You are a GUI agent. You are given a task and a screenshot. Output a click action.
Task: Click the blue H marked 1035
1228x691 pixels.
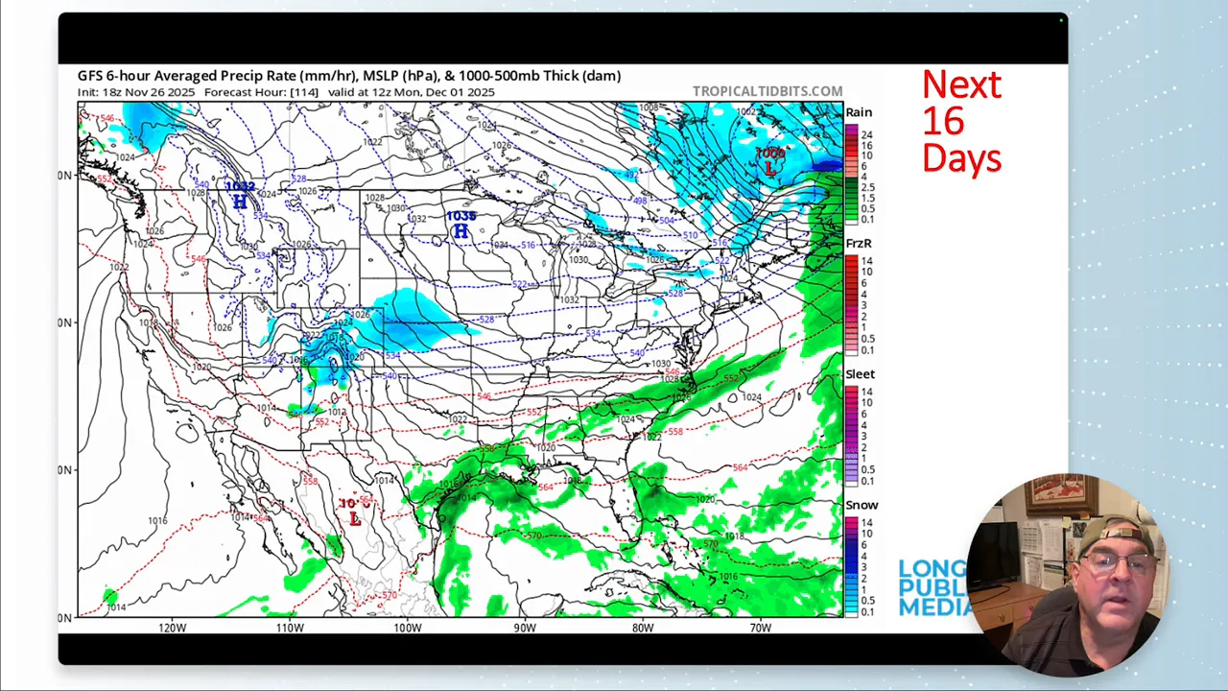(461, 231)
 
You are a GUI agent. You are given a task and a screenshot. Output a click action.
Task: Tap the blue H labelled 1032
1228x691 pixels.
(240, 202)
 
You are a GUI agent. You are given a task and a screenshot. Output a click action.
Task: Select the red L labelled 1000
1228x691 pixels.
(769, 167)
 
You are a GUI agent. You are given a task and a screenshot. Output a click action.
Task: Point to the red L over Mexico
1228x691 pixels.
(355, 518)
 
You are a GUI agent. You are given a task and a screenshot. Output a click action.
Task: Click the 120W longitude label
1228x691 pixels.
(173, 628)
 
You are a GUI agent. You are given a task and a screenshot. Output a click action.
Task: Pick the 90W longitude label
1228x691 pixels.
(525, 628)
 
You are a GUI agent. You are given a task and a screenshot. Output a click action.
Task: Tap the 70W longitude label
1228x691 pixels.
(760, 628)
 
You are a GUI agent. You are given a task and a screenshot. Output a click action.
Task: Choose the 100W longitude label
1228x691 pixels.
(407, 628)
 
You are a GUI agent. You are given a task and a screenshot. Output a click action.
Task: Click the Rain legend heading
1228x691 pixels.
(859, 112)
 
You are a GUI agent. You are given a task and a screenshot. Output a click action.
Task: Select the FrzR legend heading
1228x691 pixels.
(859, 244)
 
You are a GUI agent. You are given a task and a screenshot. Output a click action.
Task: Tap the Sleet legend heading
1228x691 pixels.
(860, 374)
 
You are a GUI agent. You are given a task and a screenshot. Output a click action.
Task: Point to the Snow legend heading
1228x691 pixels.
(862, 505)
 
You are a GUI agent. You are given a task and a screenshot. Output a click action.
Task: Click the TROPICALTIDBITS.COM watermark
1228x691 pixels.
(767, 92)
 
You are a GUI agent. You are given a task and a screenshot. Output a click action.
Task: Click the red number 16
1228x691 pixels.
(943, 122)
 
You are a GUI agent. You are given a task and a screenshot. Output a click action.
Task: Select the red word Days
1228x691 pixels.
(961, 158)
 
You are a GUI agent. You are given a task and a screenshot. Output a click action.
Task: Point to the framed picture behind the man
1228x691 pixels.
(1061, 495)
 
